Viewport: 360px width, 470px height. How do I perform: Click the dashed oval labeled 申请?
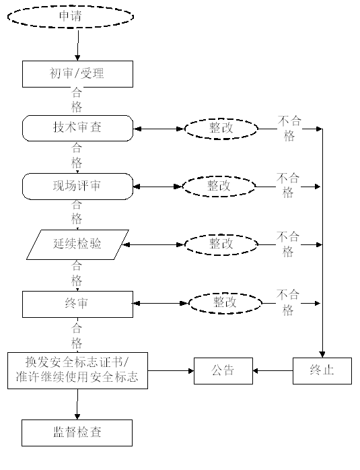(71, 16)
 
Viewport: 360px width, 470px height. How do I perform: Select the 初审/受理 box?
(77, 74)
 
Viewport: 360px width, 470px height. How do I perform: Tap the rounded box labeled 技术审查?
(77, 128)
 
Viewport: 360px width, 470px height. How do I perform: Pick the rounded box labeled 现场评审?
(77, 187)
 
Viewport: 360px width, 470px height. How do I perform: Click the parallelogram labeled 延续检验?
(77, 244)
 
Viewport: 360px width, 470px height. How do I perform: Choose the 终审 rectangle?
(77, 304)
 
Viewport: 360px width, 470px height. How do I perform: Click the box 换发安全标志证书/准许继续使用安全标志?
(77, 371)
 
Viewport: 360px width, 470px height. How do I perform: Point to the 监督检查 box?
(77, 433)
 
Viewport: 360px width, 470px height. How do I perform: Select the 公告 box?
(223, 371)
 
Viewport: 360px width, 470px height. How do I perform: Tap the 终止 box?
(322, 371)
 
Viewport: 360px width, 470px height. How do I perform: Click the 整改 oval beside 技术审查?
(221, 129)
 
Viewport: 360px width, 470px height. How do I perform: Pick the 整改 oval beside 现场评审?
(219, 187)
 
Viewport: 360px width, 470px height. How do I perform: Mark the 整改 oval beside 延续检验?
(221, 244)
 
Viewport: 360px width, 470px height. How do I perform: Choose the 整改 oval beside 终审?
(225, 303)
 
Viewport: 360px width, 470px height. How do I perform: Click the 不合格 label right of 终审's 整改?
(288, 303)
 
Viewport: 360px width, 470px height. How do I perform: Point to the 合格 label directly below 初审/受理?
(77, 100)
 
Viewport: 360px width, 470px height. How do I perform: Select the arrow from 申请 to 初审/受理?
(78, 44)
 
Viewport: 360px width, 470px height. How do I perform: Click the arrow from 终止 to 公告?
(273, 371)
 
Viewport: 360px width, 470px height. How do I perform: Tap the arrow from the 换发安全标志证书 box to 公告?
(171, 371)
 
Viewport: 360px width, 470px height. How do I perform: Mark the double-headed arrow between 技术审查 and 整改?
(159, 129)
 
